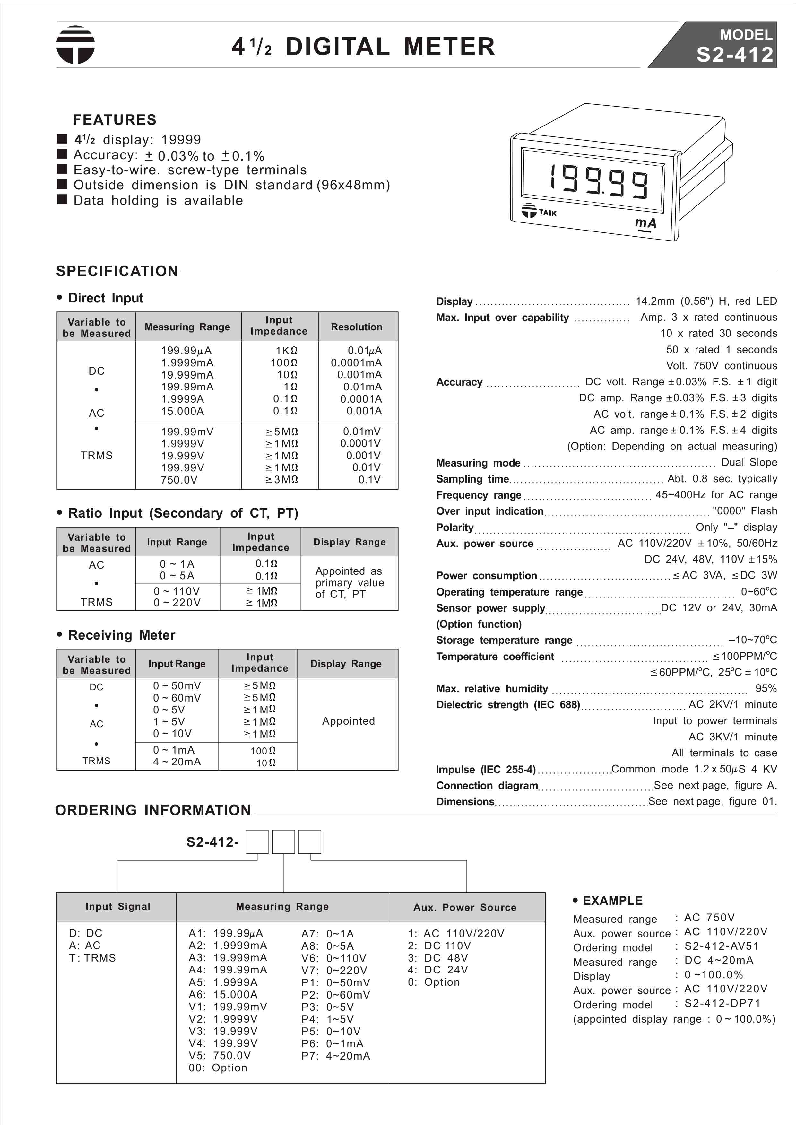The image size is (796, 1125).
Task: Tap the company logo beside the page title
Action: click(x=75, y=45)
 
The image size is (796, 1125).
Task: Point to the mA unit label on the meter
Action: click(x=645, y=223)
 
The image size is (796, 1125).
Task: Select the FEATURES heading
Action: click(x=115, y=120)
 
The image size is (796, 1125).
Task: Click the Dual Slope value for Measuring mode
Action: click(x=749, y=462)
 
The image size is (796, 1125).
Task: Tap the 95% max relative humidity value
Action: click(x=766, y=688)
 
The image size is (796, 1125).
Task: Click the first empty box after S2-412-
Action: click(x=256, y=842)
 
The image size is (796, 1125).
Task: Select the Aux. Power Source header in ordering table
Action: click(x=465, y=907)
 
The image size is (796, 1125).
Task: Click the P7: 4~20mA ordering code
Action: click(x=336, y=1055)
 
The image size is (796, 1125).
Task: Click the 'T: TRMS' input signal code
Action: click(x=93, y=957)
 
